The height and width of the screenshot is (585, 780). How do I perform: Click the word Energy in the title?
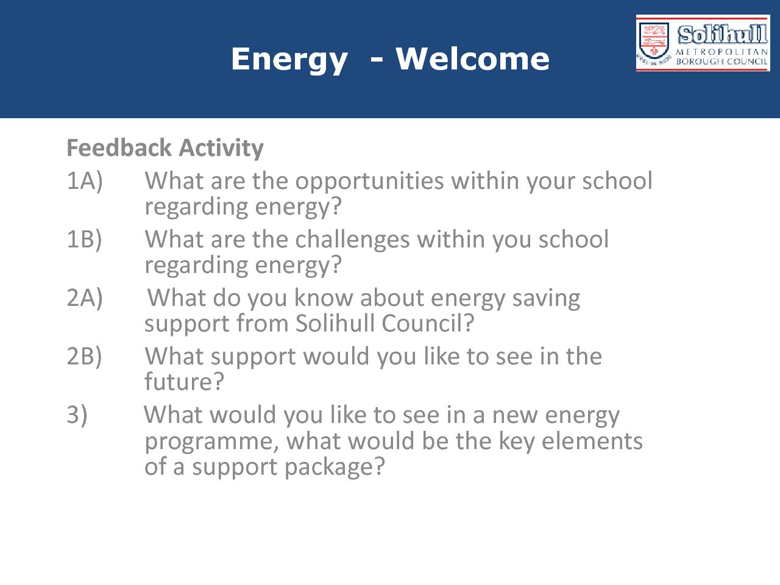coord(289,61)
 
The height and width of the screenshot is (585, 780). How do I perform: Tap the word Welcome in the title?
coord(473,58)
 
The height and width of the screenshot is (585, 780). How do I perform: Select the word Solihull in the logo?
coord(723,34)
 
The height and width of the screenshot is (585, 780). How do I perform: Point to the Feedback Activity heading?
coord(165,147)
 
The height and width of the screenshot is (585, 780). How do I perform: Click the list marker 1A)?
coord(85,181)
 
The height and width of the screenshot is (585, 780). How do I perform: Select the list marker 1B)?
coord(84,239)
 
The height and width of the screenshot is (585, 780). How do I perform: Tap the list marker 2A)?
coord(85,298)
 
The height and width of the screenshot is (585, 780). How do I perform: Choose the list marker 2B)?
coord(84,356)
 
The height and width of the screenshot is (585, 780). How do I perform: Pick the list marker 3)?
coord(77,415)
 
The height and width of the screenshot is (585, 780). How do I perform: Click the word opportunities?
coord(369,182)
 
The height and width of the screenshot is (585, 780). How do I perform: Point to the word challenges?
coord(352,239)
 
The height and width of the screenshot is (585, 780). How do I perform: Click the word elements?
coord(592,441)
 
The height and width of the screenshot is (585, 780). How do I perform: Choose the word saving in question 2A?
coord(546,299)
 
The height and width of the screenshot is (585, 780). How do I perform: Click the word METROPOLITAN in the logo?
coord(721,52)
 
